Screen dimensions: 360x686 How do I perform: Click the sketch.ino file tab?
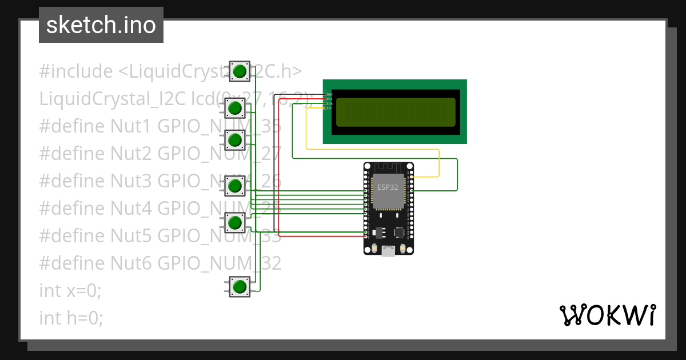[x=101, y=25]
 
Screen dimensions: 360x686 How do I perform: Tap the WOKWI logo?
[x=607, y=315]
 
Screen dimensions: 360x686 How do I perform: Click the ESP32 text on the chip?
[x=388, y=187]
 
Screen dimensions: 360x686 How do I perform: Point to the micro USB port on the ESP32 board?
[x=388, y=250]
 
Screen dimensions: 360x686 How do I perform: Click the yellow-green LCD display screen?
[x=396, y=112]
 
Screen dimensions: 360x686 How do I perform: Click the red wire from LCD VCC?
[x=278, y=171]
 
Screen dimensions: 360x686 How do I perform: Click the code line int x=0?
[x=70, y=291]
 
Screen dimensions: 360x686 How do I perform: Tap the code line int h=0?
[x=71, y=318]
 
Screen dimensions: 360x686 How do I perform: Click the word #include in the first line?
[x=76, y=71]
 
